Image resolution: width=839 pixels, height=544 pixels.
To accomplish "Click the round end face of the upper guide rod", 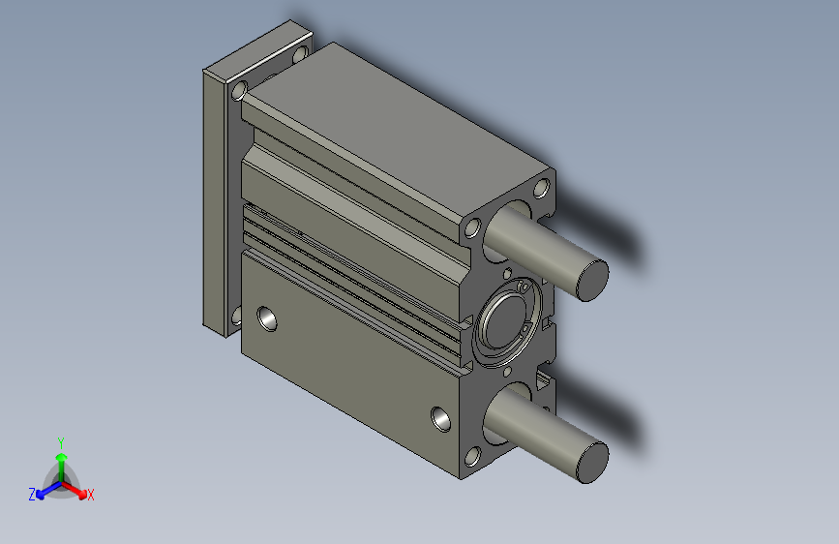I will pos(591,279).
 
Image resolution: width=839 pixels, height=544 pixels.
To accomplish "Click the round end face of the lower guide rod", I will pos(590,461).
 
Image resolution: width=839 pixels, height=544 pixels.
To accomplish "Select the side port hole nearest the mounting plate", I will pos(265,317).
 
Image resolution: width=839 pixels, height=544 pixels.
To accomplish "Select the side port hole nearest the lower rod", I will pos(440,418).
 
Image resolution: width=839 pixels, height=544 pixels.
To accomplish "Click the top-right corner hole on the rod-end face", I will pos(542,187).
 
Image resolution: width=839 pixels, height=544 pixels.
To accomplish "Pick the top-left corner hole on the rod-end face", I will pos(473,228).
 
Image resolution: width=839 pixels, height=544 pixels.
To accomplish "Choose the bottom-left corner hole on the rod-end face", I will pos(473,458).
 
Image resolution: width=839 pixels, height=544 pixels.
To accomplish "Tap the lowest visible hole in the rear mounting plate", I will pos(235,315).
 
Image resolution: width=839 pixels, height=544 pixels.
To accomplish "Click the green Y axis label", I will pos(60,440).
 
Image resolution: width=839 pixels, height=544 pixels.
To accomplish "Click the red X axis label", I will pos(91,496).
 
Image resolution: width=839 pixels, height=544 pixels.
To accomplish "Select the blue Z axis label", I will pos(32,495).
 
